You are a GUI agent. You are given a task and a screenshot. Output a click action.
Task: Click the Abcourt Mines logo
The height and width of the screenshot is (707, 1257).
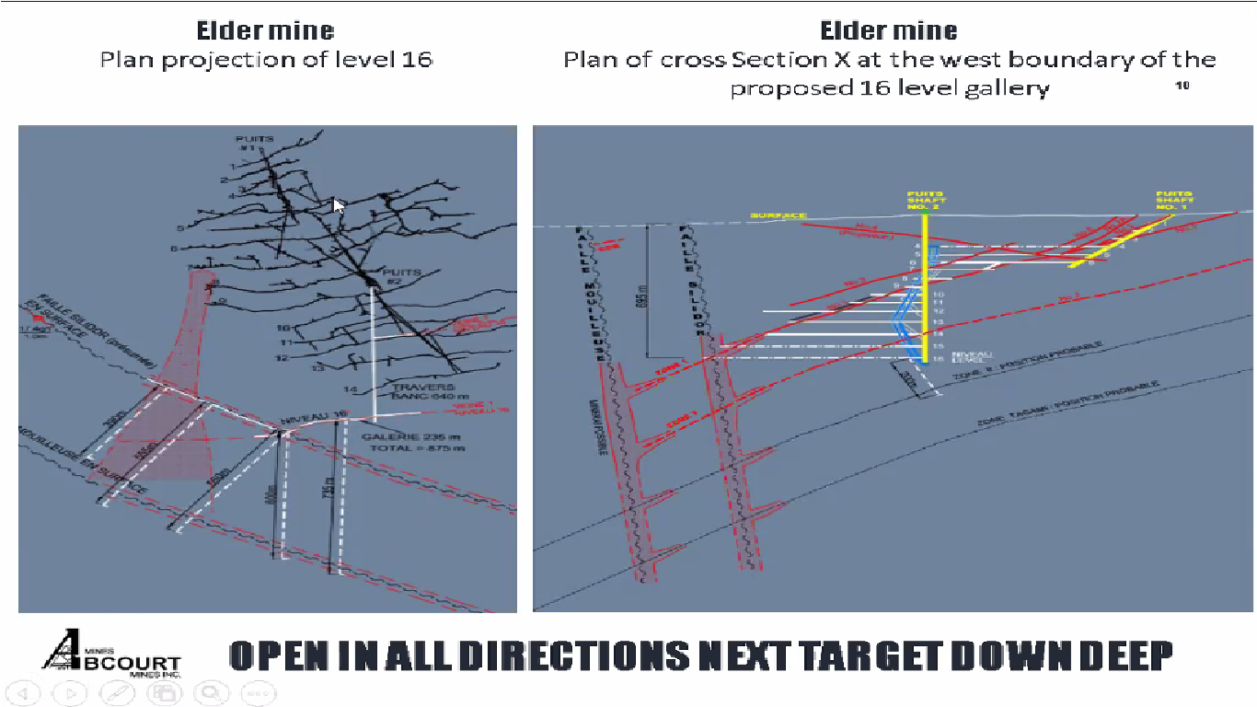111,653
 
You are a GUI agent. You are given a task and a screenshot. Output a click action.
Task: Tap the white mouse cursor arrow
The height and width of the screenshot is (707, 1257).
339,206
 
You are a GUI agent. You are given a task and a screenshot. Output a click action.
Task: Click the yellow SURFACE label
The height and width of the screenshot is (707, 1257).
778,216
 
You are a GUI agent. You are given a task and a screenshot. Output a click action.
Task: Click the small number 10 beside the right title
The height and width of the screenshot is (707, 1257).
1182,86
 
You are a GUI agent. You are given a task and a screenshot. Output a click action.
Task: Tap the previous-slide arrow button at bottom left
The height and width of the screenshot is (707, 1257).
23,692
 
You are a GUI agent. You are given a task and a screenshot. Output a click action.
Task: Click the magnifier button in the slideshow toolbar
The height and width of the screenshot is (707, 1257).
212,692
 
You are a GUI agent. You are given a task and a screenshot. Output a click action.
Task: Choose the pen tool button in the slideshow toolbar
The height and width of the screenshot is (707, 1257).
118,692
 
